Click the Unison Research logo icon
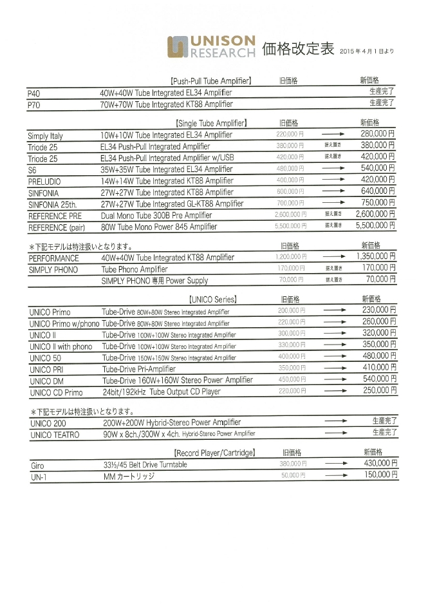click(x=178, y=47)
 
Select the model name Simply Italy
click(x=46, y=136)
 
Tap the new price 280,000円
click(x=378, y=134)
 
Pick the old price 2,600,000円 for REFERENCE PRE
click(x=290, y=214)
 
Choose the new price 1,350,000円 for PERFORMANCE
click(x=376, y=256)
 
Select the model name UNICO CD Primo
click(x=56, y=392)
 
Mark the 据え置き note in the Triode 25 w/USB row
click(x=333, y=156)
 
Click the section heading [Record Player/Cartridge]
click(x=215, y=452)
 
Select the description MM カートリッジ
click(x=129, y=477)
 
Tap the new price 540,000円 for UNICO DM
click(x=379, y=379)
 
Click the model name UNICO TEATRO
click(x=55, y=435)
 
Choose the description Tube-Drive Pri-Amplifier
click(x=139, y=369)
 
